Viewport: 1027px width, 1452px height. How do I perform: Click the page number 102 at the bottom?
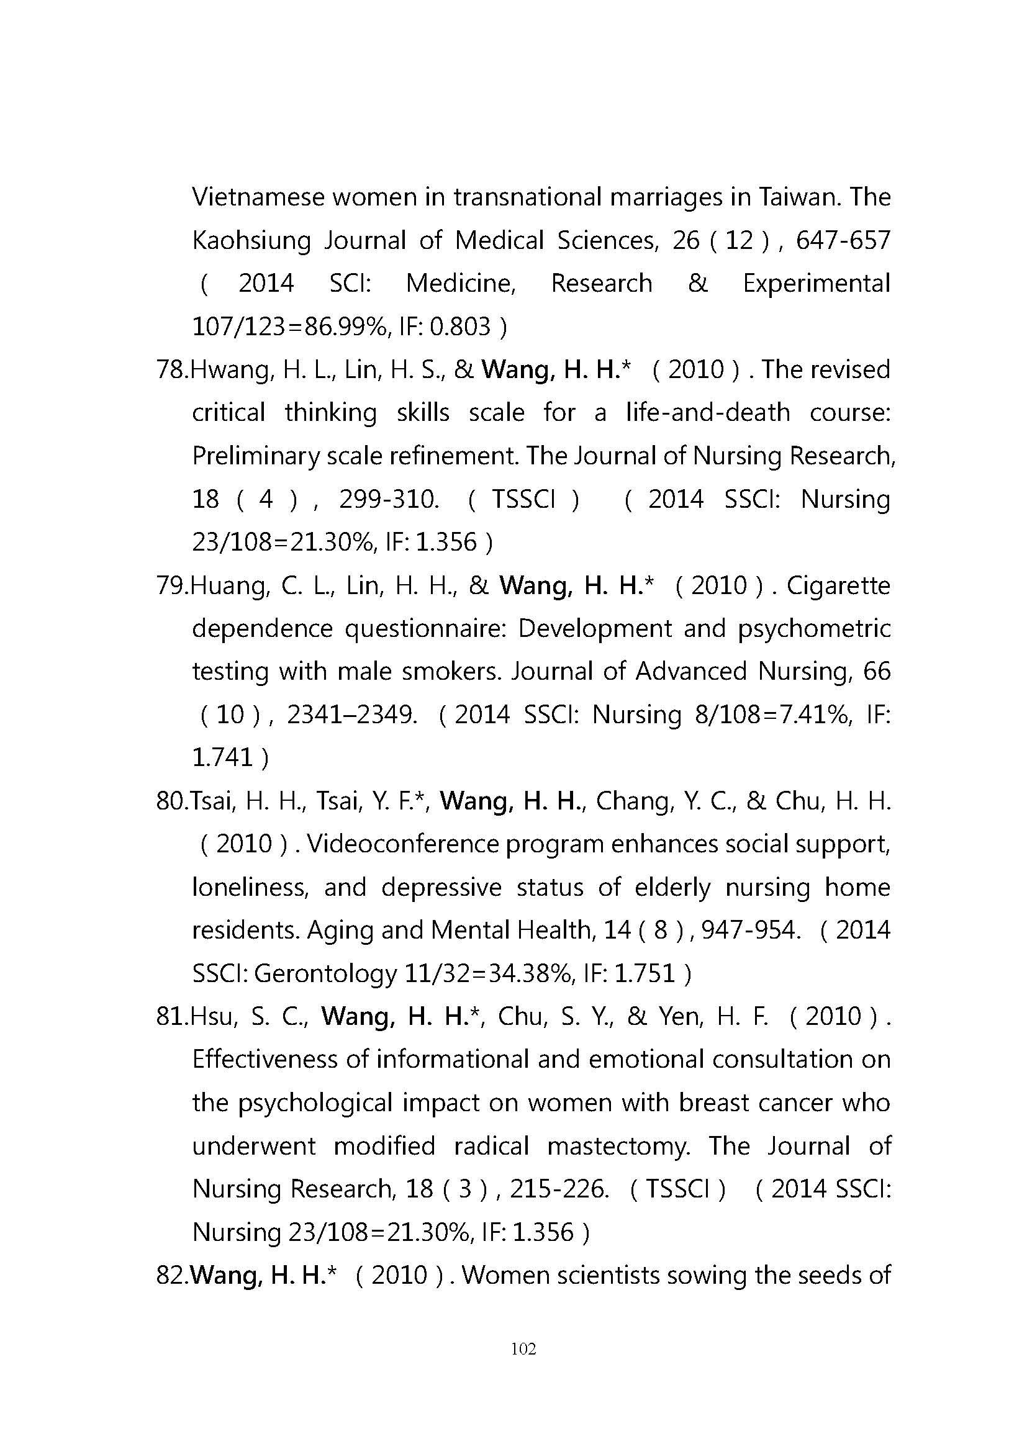(x=523, y=1349)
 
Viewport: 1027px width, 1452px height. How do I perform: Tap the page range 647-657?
(x=843, y=241)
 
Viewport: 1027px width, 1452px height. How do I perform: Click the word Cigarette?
(x=838, y=585)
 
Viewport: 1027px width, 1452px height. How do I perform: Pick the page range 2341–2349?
(x=351, y=715)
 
